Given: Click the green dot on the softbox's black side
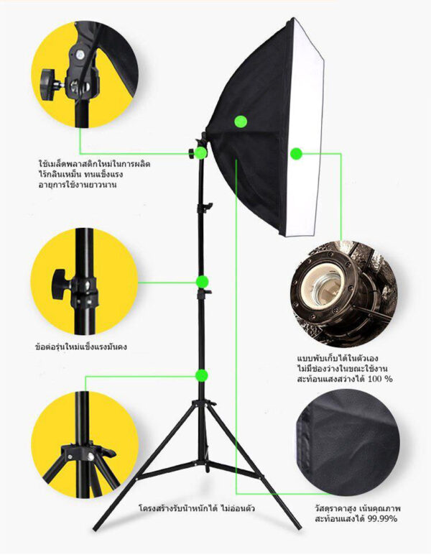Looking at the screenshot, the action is [x=241, y=121].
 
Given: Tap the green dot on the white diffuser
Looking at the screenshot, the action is [x=296, y=154].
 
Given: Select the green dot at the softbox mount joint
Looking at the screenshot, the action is [x=200, y=153].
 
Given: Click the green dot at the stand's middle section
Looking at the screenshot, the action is [x=203, y=282].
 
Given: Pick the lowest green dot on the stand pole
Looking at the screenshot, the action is [x=202, y=375].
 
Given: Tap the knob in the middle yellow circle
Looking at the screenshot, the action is [x=60, y=283].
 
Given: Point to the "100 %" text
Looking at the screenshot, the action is [x=381, y=379].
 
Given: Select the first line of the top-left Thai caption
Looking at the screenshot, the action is [x=94, y=164].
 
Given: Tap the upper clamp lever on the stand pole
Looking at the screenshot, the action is [x=208, y=206].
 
